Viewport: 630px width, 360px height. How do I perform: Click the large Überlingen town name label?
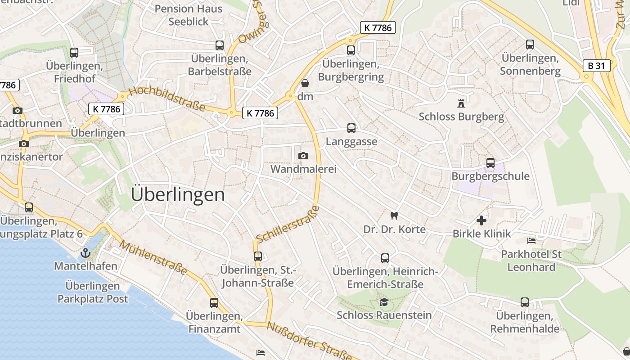coord(178,195)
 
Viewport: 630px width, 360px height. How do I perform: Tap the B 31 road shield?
coord(596,66)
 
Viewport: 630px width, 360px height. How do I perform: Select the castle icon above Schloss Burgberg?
coord(461,103)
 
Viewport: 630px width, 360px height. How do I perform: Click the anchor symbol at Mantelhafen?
coord(85,253)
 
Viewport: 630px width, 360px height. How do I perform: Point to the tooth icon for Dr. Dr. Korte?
coord(394,216)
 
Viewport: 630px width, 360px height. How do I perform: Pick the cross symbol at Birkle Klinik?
coord(481,220)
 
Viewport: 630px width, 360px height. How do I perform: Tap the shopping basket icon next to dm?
coord(305,83)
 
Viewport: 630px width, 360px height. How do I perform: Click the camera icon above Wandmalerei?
coord(303,156)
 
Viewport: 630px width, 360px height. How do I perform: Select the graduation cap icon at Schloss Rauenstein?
coord(384,302)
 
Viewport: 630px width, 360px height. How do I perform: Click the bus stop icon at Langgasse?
coord(351,128)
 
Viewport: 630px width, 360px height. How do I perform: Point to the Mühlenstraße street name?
coord(153,257)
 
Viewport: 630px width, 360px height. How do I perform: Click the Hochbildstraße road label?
coord(166,99)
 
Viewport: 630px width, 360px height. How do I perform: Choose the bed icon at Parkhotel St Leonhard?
coord(531,241)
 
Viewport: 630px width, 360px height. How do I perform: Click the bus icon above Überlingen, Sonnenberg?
coord(530,45)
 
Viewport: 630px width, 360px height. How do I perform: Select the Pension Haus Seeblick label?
coord(189,15)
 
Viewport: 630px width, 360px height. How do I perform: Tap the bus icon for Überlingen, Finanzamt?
coord(214,302)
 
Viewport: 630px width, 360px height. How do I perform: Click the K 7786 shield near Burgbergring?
coord(378,27)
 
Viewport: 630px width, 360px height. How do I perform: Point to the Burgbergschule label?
coord(490,176)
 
